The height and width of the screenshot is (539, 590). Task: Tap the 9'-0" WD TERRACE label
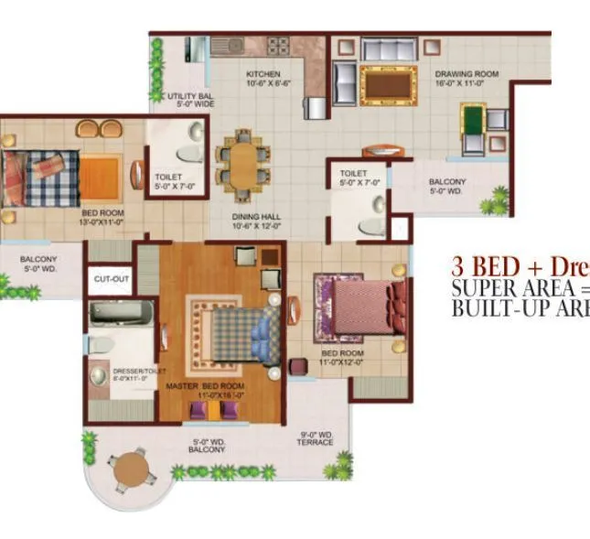point(316,438)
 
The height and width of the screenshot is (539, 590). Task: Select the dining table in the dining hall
point(243,162)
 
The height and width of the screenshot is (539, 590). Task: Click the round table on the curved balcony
point(130,469)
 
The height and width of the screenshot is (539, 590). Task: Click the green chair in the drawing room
point(472,119)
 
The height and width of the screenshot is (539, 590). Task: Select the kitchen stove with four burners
point(278,45)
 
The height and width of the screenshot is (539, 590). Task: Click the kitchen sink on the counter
point(225,46)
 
